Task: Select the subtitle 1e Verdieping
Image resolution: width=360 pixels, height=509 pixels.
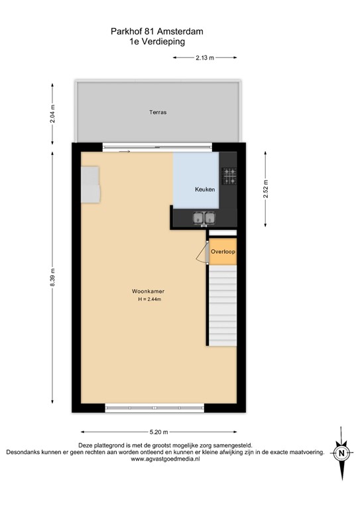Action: click(157, 40)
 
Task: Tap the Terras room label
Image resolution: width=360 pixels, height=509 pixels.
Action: click(157, 113)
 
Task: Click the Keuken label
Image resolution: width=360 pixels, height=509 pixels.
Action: click(204, 190)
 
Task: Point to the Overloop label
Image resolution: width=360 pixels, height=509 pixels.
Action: click(223, 252)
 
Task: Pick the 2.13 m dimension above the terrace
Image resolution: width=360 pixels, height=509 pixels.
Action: click(205, 58)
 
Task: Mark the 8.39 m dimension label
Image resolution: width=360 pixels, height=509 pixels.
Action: click(53, 276)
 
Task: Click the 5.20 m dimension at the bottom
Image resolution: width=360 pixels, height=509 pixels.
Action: click(158, 431)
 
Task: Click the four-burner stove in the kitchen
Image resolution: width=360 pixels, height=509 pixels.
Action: click(229, 176)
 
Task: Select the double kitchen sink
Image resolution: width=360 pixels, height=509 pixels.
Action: click(204, 217)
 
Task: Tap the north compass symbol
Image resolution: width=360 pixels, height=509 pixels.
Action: click(341, 453)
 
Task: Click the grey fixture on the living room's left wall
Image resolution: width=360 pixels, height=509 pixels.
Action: click(90, 186)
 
